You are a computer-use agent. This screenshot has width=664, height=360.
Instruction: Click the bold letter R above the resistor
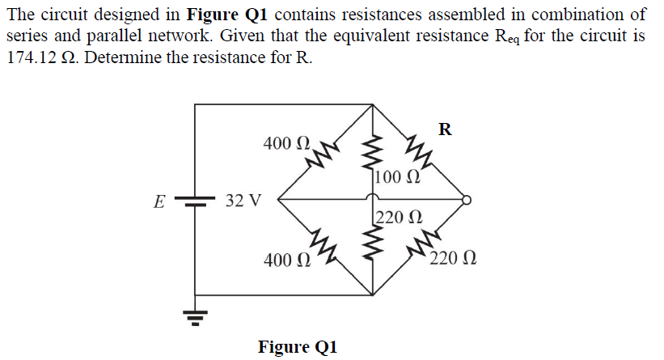point(445,129)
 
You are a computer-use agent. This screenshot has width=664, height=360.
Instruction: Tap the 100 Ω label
point(397,177)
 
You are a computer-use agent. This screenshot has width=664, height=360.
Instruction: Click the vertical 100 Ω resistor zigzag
point(373,152)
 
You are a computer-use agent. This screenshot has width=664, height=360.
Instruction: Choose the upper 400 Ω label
point(287,144)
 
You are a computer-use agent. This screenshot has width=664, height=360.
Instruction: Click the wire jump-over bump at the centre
point(373,197)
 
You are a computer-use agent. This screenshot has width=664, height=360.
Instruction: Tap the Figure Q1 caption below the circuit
point(297,347)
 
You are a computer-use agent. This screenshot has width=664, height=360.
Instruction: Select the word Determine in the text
point(120,61)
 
